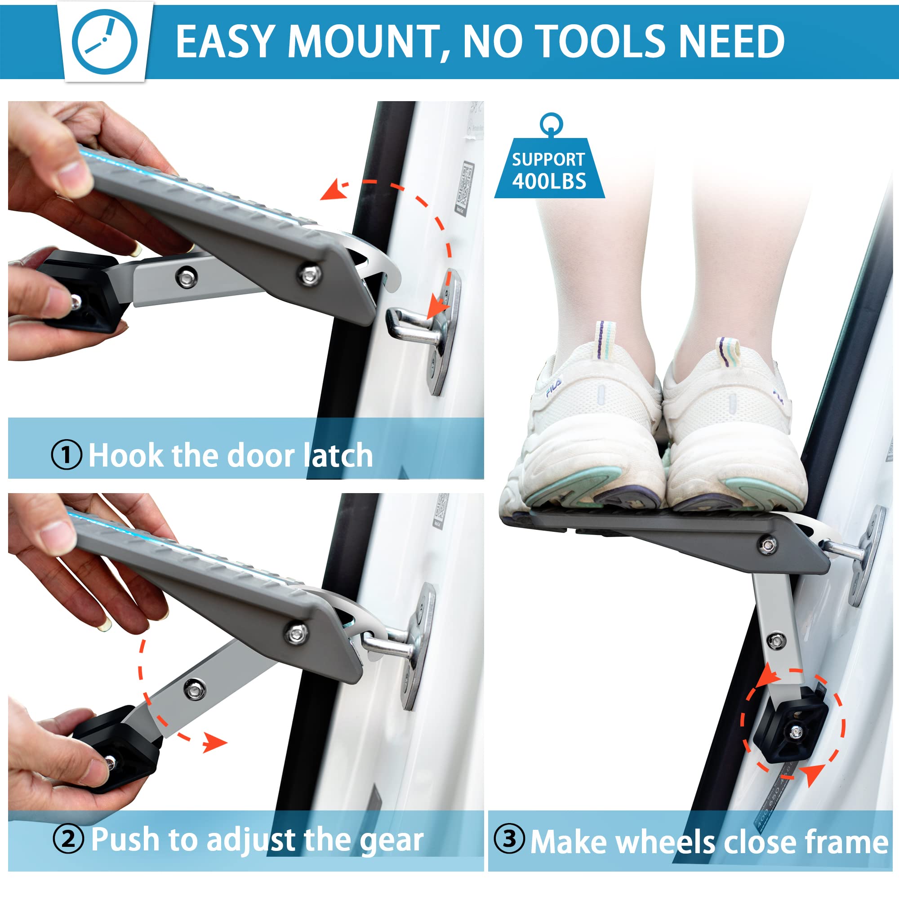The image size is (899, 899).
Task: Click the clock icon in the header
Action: coord(105,42)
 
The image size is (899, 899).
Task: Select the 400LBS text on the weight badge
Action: coord(549,182)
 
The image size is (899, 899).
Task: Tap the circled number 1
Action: coord(67,454)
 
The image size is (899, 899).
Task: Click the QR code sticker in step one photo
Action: coord(464,188)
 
